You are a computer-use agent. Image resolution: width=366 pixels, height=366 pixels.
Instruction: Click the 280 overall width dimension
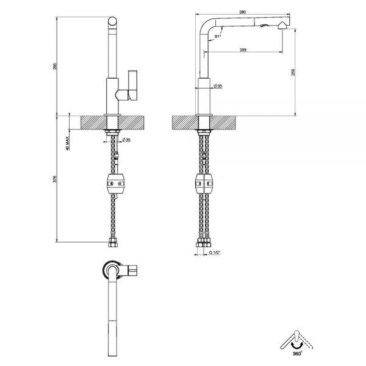pyautogui.click(x=243, y=12)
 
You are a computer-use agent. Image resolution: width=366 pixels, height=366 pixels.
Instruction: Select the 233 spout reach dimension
pyautogui.click(x=243, y=50)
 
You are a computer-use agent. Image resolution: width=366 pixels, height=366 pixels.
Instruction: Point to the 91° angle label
pyautogui.click(x=218, y=37)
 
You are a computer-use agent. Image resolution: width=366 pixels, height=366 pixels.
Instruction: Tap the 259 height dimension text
pyautogui.click(x=293, y=72)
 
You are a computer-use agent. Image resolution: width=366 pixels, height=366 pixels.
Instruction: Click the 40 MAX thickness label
pyautogui.click(x=68, y=143)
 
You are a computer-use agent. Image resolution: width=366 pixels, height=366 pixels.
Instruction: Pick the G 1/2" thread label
pyautogui.click(x=215, y=253)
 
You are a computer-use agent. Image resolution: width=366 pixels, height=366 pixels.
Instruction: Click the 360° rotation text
pyautogui.click(x=298, y=360)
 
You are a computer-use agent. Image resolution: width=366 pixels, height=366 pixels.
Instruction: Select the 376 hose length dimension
pyautogui.click(x=55, y=179)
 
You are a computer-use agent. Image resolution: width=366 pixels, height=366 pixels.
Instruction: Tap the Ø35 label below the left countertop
pyautogui.click(x=126, y=140)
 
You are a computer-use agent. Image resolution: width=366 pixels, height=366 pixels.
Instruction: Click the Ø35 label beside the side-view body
pyautogui.click(x=218, y=86)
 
